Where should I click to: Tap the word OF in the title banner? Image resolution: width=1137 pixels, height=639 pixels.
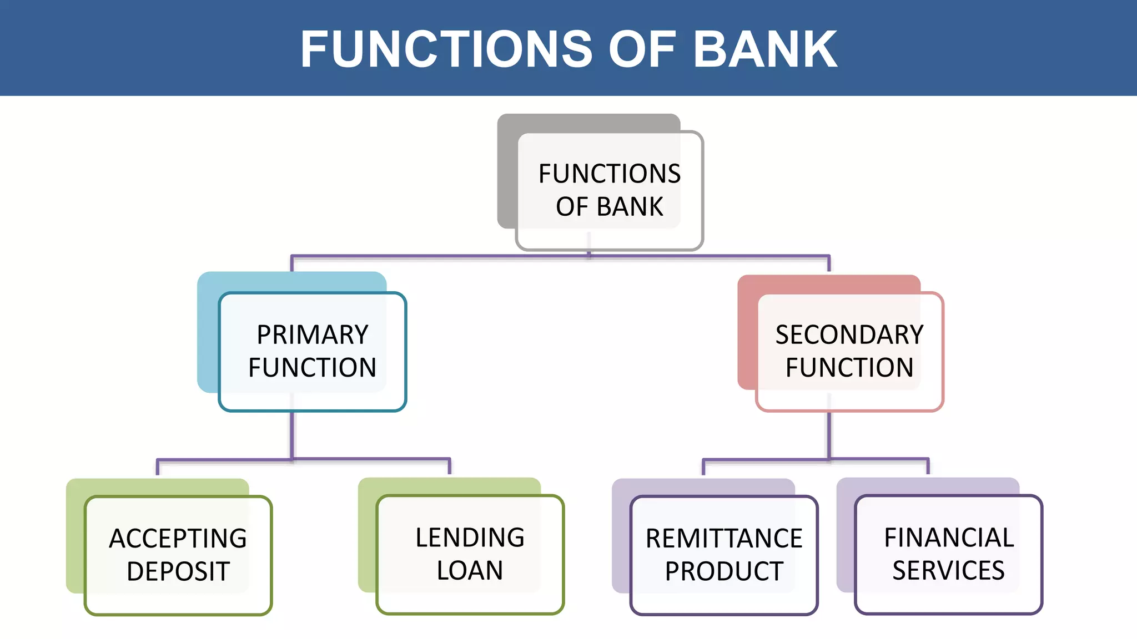642,49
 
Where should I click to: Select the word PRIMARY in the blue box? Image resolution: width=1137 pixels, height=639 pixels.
313,335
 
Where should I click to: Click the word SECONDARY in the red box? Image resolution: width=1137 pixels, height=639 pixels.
849,335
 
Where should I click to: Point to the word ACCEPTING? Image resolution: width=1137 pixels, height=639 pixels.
178,539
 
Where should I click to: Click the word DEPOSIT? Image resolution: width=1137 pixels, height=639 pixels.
178,571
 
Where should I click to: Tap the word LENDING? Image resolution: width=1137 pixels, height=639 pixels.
470,537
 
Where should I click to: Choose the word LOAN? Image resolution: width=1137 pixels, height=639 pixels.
470,570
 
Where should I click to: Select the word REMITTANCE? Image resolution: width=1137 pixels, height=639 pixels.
724,539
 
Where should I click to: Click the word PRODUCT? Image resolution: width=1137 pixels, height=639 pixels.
724,571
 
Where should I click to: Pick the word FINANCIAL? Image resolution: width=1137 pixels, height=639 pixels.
949,537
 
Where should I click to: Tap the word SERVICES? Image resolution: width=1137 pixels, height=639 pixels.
949,570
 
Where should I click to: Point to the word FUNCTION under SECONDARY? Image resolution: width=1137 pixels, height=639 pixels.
849,368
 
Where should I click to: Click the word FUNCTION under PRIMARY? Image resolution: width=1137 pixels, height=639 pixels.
313,368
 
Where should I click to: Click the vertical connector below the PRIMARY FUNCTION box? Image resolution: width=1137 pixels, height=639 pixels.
292,435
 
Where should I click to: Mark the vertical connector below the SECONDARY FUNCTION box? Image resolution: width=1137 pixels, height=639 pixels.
829,435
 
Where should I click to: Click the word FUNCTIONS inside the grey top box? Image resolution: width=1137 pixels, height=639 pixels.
610,174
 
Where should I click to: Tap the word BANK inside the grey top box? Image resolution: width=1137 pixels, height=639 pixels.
630,207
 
